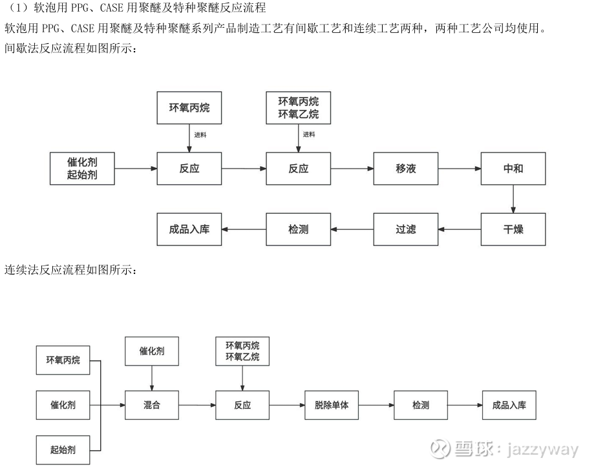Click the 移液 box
pos(405,169)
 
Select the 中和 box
pos(513,169)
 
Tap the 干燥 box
pos(513,229)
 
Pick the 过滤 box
pos(405,229)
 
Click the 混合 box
pos(151,406)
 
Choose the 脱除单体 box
pos(332,406)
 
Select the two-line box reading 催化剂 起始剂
pos(82,169)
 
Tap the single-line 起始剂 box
pos(63,450)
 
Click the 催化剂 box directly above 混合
pos(151,351)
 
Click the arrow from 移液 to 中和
pos(459,169)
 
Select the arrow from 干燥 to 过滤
pos(459,229)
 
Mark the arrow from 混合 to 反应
pos(197,406)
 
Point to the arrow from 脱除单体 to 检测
pos(376,406)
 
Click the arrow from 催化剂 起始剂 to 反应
pos(136,169)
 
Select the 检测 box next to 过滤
pos(298,229)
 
